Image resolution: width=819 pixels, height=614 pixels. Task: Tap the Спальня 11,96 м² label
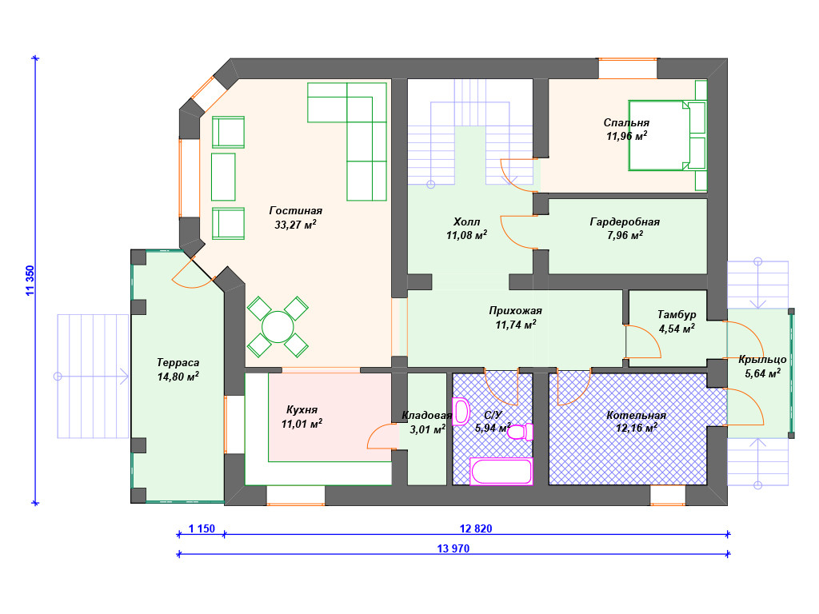click(x=626, y=130)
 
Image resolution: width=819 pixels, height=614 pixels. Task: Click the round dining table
click(x=278, y=327)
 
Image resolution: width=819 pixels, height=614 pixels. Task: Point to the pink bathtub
click(x=501, y=472)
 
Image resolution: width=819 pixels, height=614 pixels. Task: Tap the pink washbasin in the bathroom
click(x=461, y=412)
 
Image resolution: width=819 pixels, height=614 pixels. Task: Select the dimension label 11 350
click(x=30, y=281)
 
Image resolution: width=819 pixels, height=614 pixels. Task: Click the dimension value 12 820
click(x=475, y=528)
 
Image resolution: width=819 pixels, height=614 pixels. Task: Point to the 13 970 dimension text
click(x=453, y=548)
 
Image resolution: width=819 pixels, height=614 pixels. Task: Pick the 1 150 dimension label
click(x=202, y=528)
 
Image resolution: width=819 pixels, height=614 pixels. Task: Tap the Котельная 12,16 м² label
click(x=636, y=422)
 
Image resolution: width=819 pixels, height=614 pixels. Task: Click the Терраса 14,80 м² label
click(x=178, y=369)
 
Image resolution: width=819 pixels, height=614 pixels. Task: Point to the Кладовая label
click(x=426, y=416)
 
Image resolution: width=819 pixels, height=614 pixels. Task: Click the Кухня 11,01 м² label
click(x=302, y=417)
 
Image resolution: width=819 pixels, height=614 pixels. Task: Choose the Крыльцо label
click(x=762, y=360)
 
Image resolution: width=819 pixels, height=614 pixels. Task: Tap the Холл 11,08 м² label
click(x=466, y=229)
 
